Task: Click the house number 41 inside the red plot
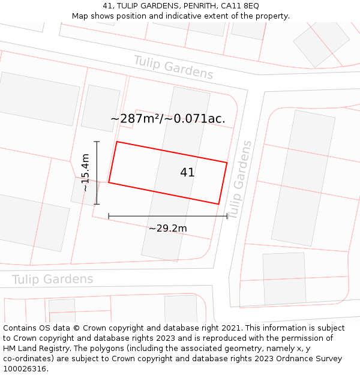click(187, 173)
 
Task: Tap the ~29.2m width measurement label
click(168, 229)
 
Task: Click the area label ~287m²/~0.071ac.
click(168, 119)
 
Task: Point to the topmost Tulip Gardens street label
click(173, 67)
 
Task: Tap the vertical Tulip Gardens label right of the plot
click(239, 180)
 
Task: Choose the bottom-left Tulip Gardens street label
click(53, 280)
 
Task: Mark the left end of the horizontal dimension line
click(109, 216)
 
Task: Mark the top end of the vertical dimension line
click(97, 142)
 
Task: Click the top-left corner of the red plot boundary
click(116, 142)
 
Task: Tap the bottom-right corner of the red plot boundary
click(218, 204)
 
